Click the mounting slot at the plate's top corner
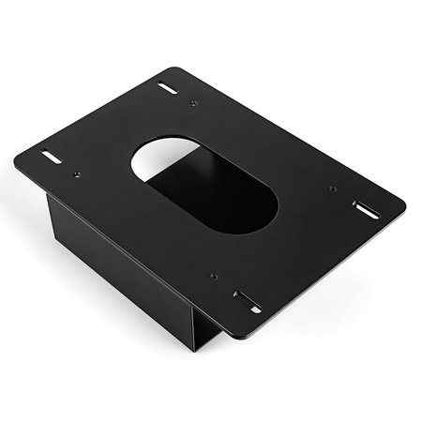click(x=168, y=88)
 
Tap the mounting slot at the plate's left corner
click(x=51, y=157)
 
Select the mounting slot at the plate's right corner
click(x=366, y=209)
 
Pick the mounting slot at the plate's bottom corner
click(x=248, y=302)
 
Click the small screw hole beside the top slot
click(x=194, y=102)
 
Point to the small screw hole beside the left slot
click(x=76, y=174)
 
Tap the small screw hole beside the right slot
click(x=333, y=188)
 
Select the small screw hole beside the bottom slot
click(x=214, y=278)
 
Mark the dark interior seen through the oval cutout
click(x=220, y=197)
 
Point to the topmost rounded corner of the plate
click(x=173, y=69)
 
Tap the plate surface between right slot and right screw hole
click(x=349, y=199)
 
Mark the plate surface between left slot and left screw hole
click(x=64, y=166)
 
